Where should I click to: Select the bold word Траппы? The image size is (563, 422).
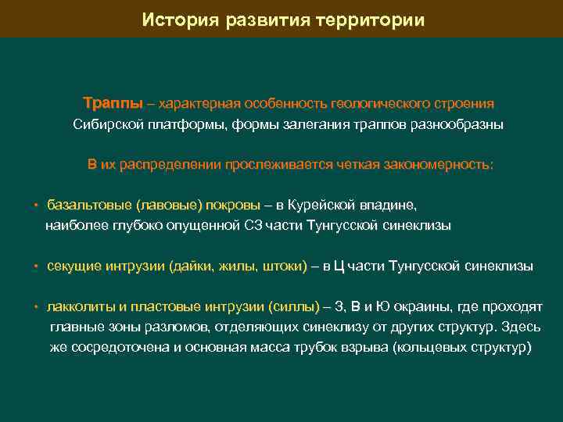pos(113,103)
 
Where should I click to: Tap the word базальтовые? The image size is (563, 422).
pos(89,206)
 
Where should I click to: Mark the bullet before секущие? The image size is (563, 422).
pos(36,266)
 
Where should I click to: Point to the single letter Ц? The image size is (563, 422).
pos(339,266)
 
